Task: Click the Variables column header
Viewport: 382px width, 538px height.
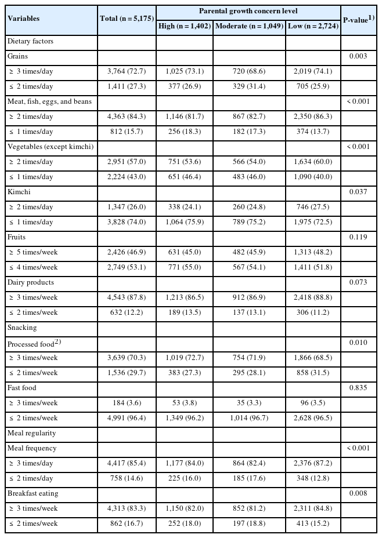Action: click(x=24, y=19)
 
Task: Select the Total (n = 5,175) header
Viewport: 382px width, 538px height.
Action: click(x=127, y=19)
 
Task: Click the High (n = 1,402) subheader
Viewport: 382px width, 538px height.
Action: click(x=185, y=26)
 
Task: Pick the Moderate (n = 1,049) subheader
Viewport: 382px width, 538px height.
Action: click(x=249, y=26)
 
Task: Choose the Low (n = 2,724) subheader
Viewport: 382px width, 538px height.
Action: click(x=313, y=26)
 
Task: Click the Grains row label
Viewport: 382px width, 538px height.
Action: click(x=17, y=57)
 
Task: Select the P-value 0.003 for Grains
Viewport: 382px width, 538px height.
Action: click(x=358, y=57)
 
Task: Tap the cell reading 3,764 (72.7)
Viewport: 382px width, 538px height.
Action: click(x=127, y=71)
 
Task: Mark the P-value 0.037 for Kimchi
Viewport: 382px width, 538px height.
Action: click(x=358, y=192)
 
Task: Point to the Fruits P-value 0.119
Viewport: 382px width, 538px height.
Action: click(x=358, y=237)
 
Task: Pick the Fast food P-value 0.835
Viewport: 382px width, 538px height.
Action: click(x=358, y=388)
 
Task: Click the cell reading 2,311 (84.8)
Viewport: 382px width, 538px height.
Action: click(x=313, y=508)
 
